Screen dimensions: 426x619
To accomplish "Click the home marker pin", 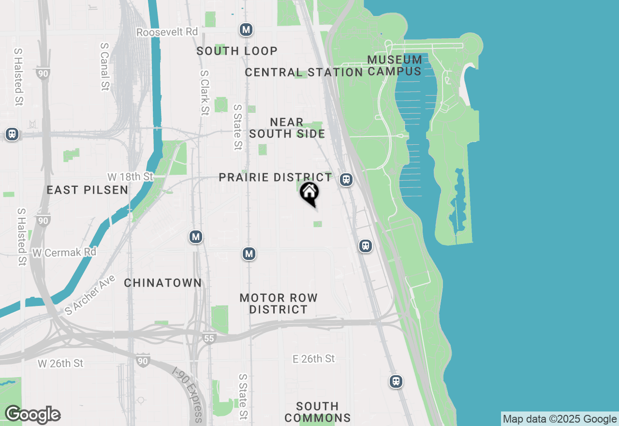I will (309, 193).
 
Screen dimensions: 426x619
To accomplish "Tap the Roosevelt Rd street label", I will (167, 32).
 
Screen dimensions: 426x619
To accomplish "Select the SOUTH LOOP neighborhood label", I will (237, 51).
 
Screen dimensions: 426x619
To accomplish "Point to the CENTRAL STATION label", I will (304, 73).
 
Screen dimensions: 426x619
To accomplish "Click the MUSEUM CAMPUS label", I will (395, 65).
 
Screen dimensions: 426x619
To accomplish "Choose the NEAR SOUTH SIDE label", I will (287, 128).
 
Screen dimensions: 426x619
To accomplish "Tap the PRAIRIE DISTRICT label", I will (276, 178).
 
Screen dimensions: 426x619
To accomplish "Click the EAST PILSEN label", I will (88, 190).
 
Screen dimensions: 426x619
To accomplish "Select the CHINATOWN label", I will (163, 283).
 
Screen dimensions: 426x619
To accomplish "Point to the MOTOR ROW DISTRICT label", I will (279, 304).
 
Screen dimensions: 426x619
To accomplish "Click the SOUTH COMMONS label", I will (317, 412).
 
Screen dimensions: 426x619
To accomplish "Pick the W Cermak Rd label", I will (64, 252).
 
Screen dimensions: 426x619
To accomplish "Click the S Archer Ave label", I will (90, 295).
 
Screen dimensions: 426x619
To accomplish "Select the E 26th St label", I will (314, 359).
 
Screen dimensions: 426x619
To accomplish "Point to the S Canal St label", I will (104, 66).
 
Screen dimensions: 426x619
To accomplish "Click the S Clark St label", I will (205, 92).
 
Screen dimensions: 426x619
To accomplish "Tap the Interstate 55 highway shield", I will (209, 338).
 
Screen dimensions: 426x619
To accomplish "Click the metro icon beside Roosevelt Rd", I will (246, 30).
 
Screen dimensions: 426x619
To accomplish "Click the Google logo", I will (32, 415).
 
